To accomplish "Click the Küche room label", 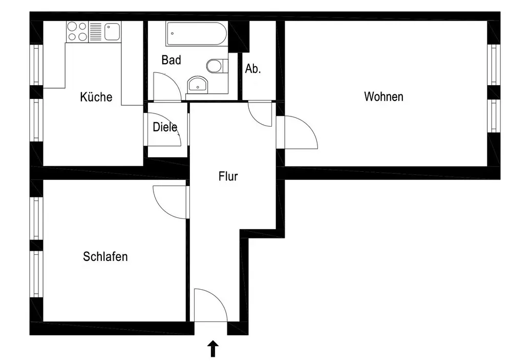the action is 96,97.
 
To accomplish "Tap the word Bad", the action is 171,60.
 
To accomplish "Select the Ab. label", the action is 253,69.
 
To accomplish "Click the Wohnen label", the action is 383,96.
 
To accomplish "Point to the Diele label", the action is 165,127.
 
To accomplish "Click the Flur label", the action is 228,177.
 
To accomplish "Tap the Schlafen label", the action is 105,256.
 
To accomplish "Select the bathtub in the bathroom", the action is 196,33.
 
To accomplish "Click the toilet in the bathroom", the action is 216,66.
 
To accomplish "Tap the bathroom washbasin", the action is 197,85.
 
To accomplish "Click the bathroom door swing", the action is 166,87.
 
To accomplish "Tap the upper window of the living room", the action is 493,64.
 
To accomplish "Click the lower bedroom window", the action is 36,273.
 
